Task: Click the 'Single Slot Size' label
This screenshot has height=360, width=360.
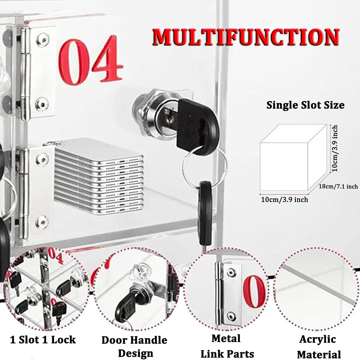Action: point(305,105)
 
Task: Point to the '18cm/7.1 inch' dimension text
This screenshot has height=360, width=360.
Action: point(338,186)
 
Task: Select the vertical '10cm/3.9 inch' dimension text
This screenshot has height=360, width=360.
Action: point(334,148)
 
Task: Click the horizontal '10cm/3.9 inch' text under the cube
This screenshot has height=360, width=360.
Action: point(284,199)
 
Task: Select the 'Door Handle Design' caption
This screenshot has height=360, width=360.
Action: point(134,346)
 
